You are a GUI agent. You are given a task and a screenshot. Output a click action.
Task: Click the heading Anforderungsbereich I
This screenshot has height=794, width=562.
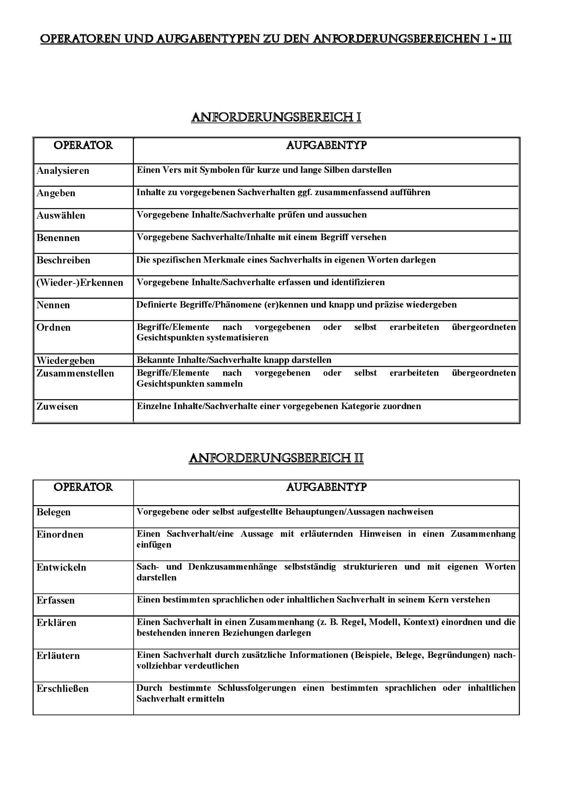tap(276, 117)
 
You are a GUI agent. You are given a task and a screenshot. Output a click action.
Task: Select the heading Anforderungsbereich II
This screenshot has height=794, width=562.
tap(276, 458)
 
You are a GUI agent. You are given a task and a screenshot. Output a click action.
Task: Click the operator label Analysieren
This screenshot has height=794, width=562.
tap(63, 170)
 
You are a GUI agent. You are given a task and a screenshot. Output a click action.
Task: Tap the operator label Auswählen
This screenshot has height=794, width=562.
tap(61, 215)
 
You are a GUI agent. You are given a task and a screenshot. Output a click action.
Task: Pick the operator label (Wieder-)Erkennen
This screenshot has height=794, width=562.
tap(80, 283)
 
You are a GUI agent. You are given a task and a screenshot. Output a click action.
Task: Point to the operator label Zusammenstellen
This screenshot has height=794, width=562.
tap(75, 373)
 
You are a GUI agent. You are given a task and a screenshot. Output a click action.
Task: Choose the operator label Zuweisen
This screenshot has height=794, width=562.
tap(58, 406)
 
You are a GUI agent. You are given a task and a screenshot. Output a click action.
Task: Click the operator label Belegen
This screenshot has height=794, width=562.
tap(54, 512)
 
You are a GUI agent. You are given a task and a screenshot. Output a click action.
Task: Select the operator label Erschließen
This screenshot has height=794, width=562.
tap(63, 689)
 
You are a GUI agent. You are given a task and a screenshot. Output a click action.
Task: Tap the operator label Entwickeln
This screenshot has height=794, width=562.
tap(61, 567)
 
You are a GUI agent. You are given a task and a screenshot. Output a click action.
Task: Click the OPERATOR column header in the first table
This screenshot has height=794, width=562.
tap(83, 145)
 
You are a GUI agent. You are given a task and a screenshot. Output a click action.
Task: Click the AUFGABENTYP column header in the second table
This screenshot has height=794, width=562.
tap(326, 487)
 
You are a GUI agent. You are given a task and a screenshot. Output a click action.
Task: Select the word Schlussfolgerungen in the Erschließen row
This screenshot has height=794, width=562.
tap(257, 688)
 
